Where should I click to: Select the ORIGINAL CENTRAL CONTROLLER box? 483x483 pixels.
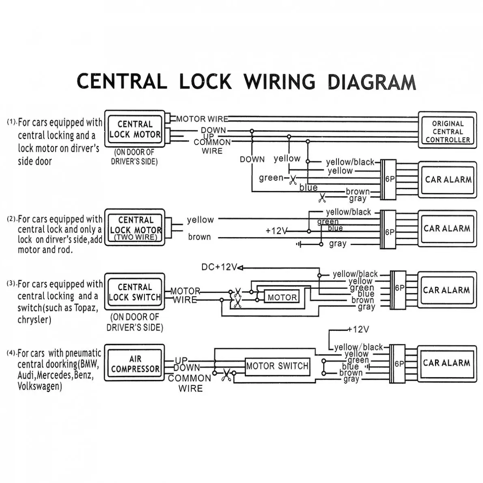coord(447,131)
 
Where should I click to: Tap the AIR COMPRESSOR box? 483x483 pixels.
coord(135,363)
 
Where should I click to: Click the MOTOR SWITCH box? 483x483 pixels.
coord(277,366)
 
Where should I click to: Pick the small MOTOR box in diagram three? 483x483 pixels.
coord(282,297)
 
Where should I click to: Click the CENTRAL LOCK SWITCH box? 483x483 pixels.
coord(135,292)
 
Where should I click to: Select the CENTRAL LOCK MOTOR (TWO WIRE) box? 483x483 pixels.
coord(135,228)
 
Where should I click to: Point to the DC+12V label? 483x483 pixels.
coord(219,267)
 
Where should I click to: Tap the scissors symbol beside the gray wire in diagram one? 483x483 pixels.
coord(322,198)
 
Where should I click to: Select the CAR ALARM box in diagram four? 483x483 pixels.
coord(446,362)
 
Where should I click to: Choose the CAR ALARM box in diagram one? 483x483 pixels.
coord(448,179)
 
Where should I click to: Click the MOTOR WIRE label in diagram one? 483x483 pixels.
coord(202,119)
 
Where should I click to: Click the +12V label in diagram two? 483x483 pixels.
coord(276,231)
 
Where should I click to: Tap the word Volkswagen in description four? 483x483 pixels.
coord(39,386)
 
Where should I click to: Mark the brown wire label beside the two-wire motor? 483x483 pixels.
coord(199,237)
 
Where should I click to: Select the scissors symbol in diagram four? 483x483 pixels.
coord(226,376)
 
